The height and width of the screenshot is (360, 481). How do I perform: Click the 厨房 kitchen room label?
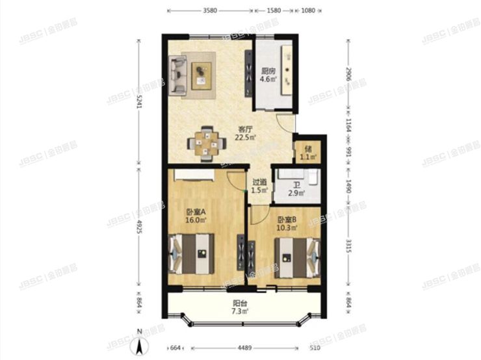268,71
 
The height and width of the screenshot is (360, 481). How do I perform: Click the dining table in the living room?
206,142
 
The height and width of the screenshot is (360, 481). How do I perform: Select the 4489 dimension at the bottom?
242,349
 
